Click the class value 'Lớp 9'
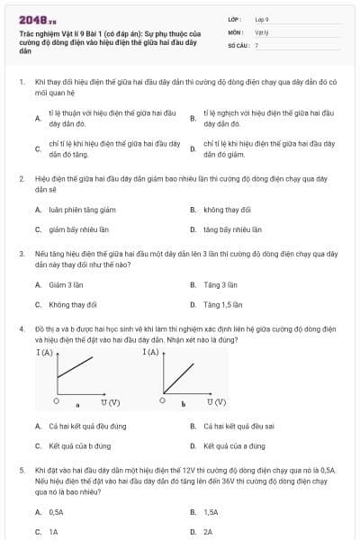click(x=262, y=19)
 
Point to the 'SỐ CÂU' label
click(x=237, y=44)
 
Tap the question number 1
click(x=21, y=81)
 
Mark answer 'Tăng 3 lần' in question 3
click(x=220, y=284)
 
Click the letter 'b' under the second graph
click(x=183, y=404)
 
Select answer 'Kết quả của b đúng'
click(x=80, y=445)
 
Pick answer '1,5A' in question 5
click(x=211, y=511)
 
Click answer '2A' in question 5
click(x=208, y=531)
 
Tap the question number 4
click(x=21, y=330)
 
